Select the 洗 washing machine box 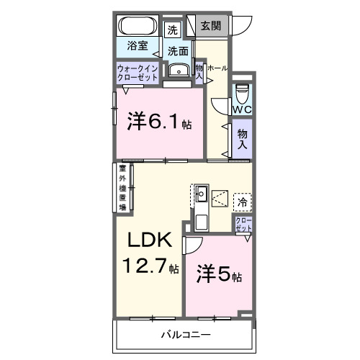[x=172, y=30]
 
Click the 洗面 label [x=178, y=51]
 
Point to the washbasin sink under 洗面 [x=177, y=70]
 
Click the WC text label [x=242, y=110]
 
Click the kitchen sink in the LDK [x=202, y=193]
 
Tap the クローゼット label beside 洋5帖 [x=243, y=224]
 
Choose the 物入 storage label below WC [x=243, y=139]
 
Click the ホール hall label [x=217, y=68]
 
